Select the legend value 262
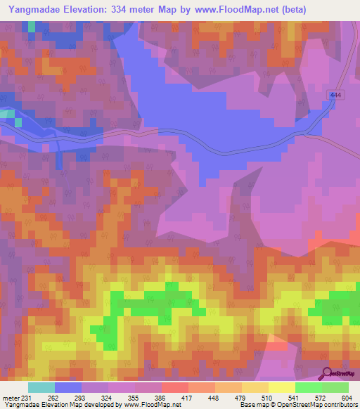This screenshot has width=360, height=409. [53, 397]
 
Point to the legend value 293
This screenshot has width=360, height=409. [80, 397]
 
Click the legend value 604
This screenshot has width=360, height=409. [347, 397]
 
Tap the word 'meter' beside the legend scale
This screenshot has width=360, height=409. [10, 397]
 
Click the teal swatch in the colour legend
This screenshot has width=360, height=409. [41, 387]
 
